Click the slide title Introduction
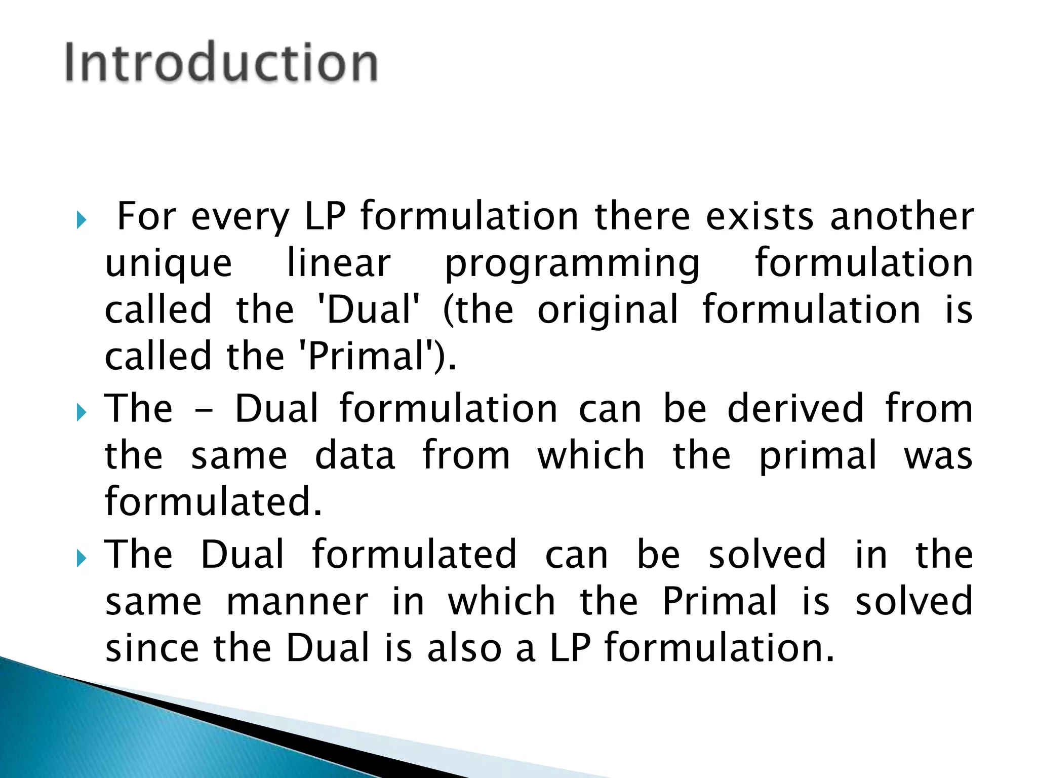coord(221,62)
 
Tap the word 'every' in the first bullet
coord(240,217)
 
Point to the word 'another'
coord(902,216)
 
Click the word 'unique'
coord(168,264)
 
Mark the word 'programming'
coord(572,264)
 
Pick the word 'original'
coord(607,310)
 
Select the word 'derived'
coord(795,408)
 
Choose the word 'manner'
coord(297,602)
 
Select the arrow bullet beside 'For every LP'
coord(81,220)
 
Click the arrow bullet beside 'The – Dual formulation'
coord(81,412)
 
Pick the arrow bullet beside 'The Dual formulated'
coord(81,558)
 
